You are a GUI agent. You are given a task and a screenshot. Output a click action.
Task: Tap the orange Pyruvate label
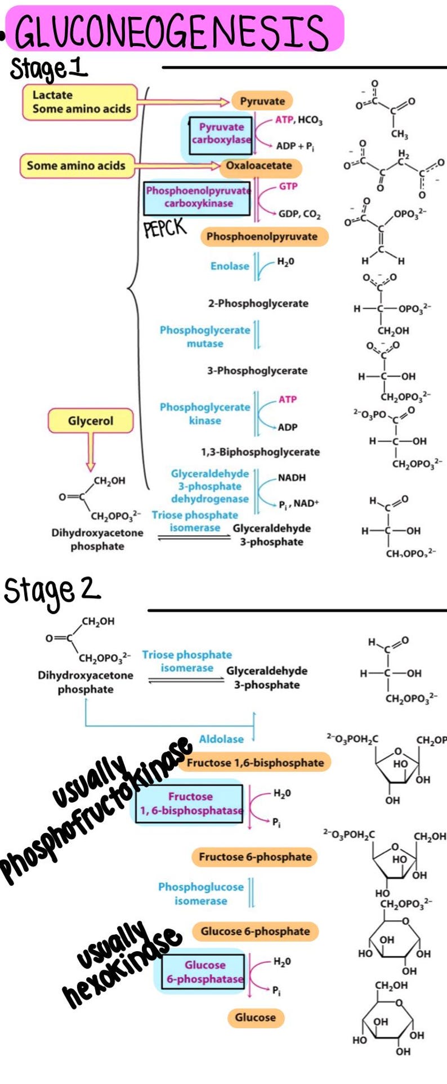click(x=262, y=101)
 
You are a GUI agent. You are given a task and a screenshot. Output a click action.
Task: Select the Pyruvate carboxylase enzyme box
click(x=221, y=133)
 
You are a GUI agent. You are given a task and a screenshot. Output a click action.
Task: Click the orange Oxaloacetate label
click(x=259, y=166)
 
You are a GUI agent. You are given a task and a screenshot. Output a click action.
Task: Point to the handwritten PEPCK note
click(x=164, y=228)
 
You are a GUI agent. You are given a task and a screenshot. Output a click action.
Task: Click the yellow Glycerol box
click(x=91, y=421)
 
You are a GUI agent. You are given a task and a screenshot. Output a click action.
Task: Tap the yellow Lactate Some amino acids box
click(x=81, y=102)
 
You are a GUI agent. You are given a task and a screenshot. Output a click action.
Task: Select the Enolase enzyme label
click(x=230, y=266)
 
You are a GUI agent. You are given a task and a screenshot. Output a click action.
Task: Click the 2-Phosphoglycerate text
click(x=258, y=304)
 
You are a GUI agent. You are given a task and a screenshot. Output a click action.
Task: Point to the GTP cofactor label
click(x=288, y=186)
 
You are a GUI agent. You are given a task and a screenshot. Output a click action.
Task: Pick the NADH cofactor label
click(x=292, y=478)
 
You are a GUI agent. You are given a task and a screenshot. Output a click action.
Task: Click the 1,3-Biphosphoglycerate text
click(x=260, y=452)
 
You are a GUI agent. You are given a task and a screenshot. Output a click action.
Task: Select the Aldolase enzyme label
click(x=221, y=740)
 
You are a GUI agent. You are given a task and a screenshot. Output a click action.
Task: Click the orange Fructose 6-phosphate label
click(x=255, y=857)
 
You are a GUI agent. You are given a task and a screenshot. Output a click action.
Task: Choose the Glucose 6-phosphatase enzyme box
click(x=204, y=972)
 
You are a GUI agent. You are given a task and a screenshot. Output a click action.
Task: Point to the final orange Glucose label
click(x=256, y=1017)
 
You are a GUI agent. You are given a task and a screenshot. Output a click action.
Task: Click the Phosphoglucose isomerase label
click(x=200, y=894)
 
